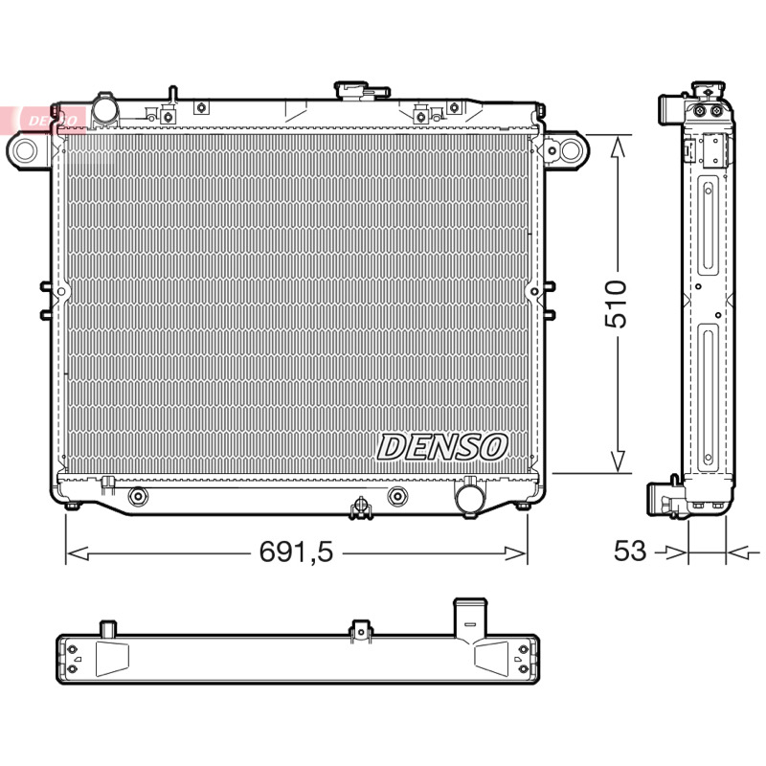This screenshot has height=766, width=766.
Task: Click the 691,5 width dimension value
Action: coord(296,552)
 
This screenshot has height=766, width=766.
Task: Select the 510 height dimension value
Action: coord(616,304)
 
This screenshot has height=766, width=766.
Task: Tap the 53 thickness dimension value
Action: coord(630,551)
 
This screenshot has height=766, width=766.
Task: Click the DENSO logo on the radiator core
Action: coord(442,447)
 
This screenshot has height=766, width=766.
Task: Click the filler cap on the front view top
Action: coord(362,91)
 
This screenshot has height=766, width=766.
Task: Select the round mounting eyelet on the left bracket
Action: coord(24,150)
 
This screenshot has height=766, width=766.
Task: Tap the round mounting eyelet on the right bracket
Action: coord(570,150)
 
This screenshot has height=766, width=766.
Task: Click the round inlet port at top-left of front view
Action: coord(105,110)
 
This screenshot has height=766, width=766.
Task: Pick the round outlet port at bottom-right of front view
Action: coord(469,498)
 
